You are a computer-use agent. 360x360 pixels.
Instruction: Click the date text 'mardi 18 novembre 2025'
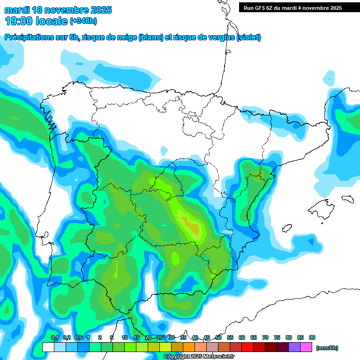pos(58,10)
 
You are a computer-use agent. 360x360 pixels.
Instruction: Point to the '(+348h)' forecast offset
pos(83,21)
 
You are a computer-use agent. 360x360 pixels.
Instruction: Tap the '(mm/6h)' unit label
pos(327,348)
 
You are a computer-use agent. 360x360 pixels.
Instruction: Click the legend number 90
pos(312,337)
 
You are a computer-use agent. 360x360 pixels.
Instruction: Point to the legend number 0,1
pos(54,337)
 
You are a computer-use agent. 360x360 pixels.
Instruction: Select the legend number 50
pos(218,337)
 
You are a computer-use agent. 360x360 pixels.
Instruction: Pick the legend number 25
pos(160,337)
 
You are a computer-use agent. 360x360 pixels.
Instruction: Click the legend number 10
pos(125,337)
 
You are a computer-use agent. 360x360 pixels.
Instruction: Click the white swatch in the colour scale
pos(48,347)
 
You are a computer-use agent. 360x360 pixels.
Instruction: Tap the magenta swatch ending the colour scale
pos(306,347)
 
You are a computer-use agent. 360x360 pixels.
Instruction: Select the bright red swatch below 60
pos(247,347)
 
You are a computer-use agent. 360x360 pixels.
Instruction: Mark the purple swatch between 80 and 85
pos(294,347)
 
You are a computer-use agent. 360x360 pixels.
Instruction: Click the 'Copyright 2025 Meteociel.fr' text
pos(199,356)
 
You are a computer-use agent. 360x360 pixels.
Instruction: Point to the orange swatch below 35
pos(189,347)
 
